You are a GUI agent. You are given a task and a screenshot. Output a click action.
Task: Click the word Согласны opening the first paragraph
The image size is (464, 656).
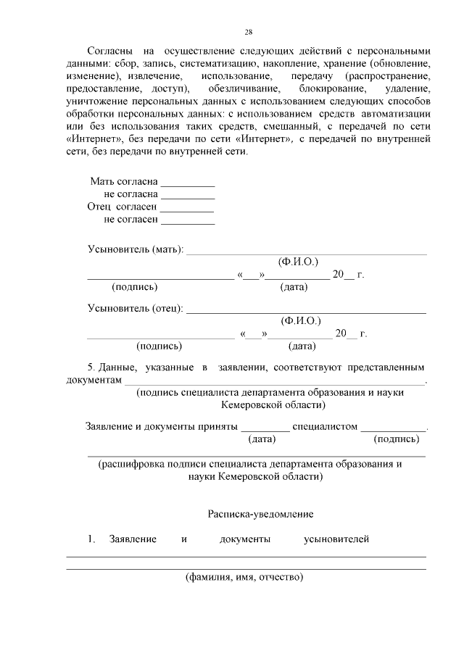(109, 51)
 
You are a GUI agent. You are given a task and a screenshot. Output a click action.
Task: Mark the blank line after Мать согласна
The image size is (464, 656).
(187, 181)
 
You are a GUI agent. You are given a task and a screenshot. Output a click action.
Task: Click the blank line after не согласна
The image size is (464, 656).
(187, 194)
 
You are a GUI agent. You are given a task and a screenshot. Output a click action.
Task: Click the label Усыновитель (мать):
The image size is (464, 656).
(136, 249)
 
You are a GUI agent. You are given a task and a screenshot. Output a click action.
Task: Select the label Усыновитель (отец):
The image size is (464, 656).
(135, 308)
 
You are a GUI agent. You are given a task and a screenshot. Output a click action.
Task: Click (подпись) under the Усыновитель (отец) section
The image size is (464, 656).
(159, 346)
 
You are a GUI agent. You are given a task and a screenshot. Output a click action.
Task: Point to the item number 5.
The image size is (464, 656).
(91, 368)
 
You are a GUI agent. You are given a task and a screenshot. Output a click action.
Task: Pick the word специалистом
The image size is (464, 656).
(327, 426)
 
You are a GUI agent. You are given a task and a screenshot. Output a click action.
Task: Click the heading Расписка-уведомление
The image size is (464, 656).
(260, 513)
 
